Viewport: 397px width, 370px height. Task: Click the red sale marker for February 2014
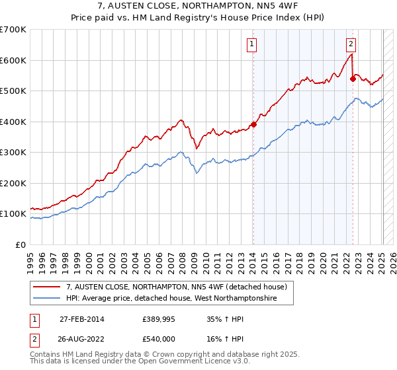click(253, 124)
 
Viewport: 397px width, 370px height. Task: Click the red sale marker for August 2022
click(353, 79)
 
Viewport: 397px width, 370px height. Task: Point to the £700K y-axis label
click(13, 30)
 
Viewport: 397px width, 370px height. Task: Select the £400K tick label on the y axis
click(13, 122)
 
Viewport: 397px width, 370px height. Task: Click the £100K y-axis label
click(13, 214)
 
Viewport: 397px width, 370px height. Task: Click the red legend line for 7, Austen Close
click(46, 287)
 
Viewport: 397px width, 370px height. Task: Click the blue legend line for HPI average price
click(46, 299)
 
